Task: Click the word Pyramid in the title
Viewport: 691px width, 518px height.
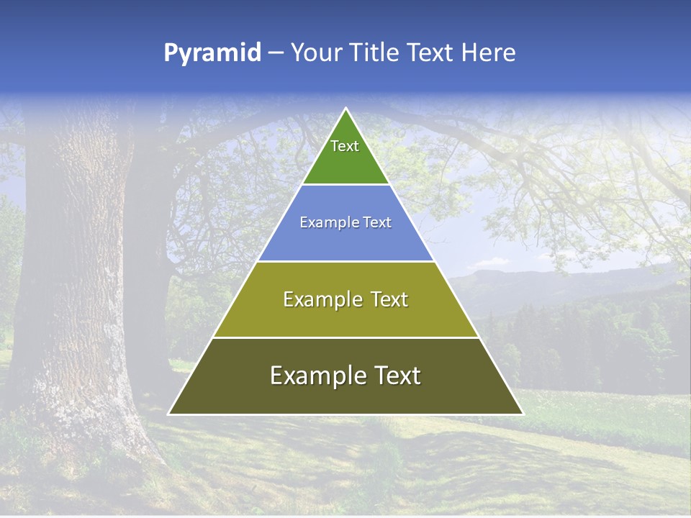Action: [212, 53]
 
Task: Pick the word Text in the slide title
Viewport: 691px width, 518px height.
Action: [431, 53]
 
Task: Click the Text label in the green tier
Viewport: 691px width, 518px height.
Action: [345, 146]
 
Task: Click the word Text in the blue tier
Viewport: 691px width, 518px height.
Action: [378, 222]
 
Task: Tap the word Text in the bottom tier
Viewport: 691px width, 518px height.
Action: [396, 376]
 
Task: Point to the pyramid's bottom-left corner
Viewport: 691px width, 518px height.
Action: [169, 414]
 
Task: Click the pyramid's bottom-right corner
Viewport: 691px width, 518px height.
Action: [523, 414]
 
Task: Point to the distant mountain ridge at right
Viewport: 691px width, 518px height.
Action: [547, 277]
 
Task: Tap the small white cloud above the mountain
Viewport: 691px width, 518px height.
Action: [493, 260]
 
